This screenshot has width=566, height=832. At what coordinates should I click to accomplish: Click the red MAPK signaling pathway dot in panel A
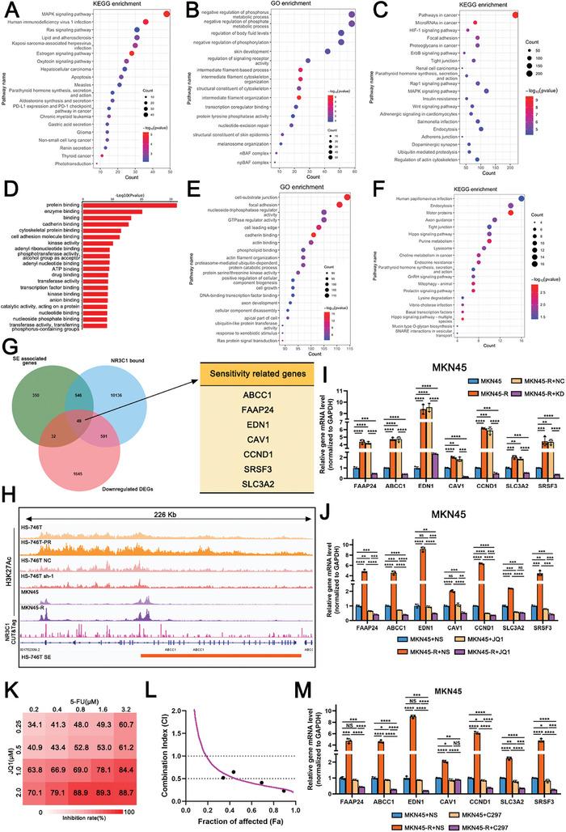166,14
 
